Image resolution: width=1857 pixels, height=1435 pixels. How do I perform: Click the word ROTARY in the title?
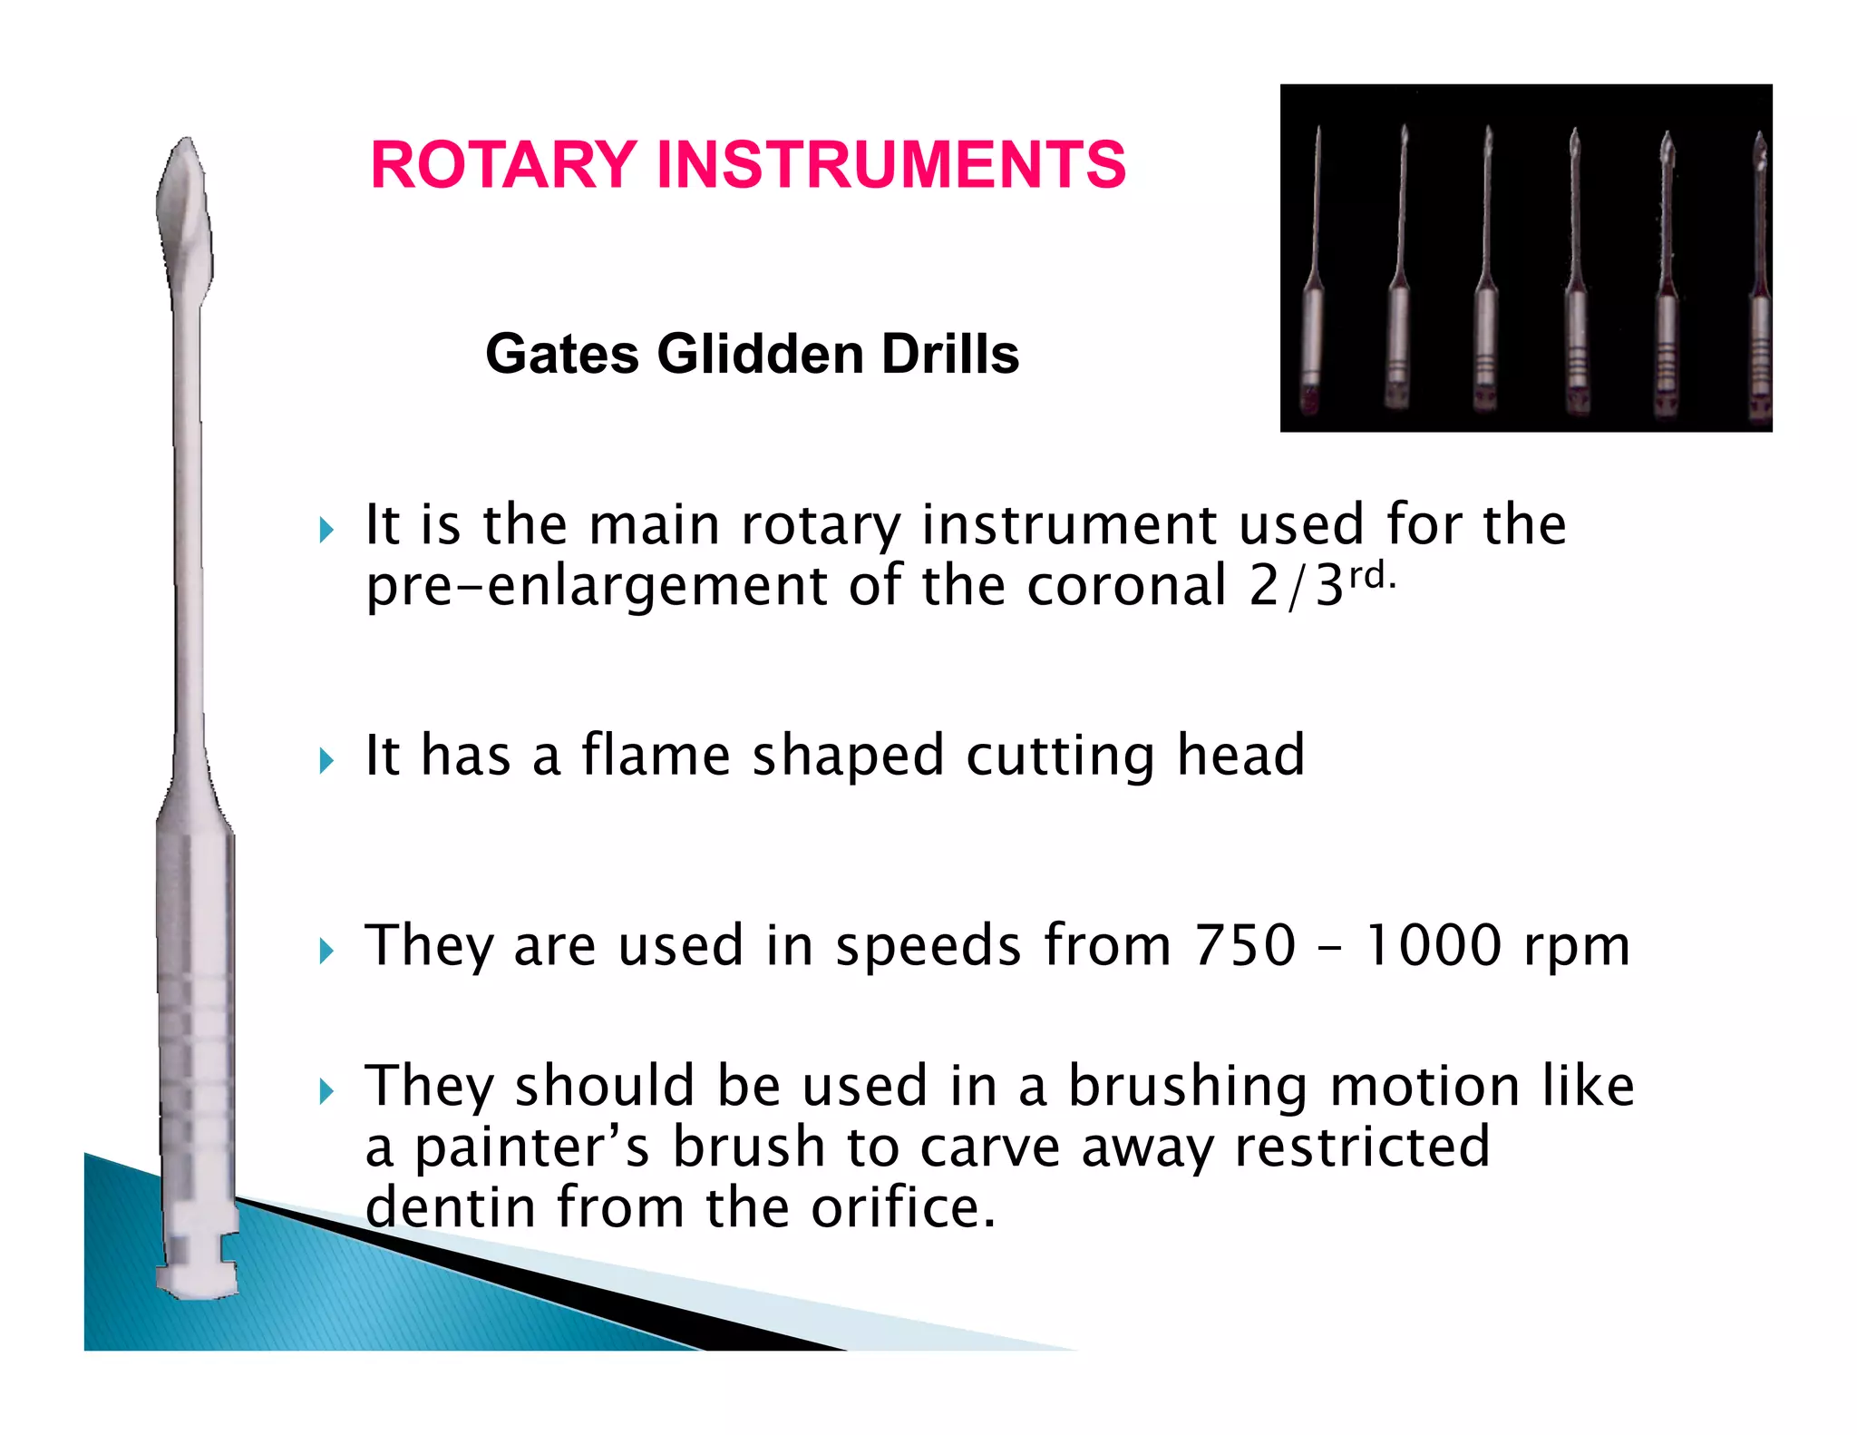[503, 165]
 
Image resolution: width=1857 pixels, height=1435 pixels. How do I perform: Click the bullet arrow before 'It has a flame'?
[327, 760]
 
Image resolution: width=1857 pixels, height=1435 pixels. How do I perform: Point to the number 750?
[1245, 946]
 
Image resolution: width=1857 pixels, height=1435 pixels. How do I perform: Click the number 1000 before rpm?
[1434, 946]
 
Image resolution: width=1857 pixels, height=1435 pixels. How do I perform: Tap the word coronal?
[1127, 586]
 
